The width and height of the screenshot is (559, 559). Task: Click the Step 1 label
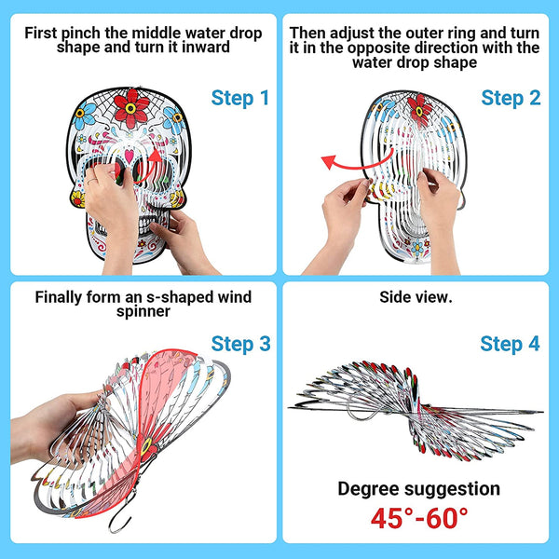[240, 99]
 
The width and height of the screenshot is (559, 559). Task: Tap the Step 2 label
[511, 99]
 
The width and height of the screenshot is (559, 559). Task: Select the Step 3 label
[240, 344]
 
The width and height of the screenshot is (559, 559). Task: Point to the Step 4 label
[510, 344]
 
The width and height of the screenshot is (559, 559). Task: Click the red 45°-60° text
[419, 518]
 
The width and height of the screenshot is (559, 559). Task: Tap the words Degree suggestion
[419, 489]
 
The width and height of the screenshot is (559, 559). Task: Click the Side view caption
[416, 297]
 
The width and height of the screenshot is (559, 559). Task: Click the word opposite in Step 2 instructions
[375, 48]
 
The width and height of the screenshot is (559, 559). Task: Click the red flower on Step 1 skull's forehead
[130, 108]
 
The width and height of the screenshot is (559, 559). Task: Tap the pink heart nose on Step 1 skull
[130, 156]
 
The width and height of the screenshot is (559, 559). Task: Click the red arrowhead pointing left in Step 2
[329, 161]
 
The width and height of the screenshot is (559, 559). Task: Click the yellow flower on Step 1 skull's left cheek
[78, 199]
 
